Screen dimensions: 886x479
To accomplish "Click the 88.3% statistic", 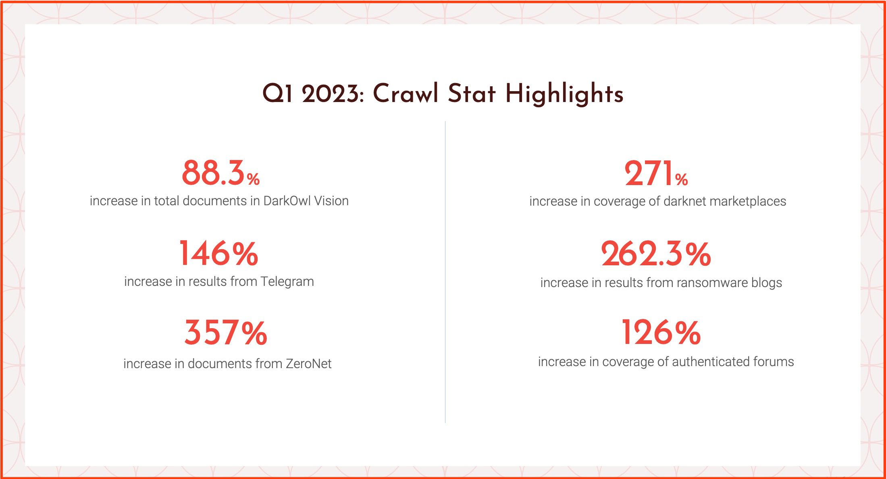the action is pos(220,173).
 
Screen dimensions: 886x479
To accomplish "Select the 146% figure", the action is pos(218,254).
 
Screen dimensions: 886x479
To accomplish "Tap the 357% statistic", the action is pos(226,333).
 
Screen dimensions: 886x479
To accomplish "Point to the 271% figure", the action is pos(656,174).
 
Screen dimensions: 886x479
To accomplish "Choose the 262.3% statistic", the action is pos(656,254).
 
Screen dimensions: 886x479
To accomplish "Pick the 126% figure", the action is pos(661,332).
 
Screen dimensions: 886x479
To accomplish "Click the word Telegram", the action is pos(287,281).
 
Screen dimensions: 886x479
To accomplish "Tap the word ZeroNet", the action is pos(309,364).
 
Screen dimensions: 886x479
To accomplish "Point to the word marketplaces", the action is pos(745,201).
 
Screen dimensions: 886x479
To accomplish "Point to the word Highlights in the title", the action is pos(564,94).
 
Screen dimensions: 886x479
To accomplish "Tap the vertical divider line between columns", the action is pos(445,272).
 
